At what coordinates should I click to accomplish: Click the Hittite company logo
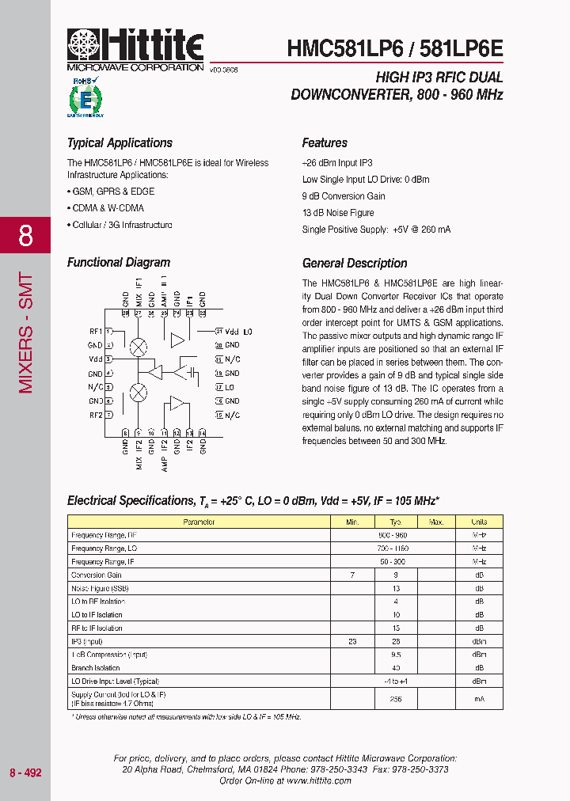[135, 50]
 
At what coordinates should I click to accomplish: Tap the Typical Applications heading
[120, 143]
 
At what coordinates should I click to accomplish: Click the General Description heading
[355, 264]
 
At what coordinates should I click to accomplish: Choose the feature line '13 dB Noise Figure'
[338, 213]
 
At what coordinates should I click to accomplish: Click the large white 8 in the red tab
[25, 235]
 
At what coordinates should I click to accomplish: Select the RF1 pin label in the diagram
[95, 331]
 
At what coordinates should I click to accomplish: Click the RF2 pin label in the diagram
[95, 415]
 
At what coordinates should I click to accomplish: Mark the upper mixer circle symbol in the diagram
[139, 346]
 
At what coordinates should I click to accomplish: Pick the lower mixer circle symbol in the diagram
[139, 393]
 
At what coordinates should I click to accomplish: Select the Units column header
[479, 522]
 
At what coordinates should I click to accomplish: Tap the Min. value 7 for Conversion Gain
[352, 575]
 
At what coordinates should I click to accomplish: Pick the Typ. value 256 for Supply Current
[396, 699]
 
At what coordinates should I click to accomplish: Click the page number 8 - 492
[25, 773]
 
